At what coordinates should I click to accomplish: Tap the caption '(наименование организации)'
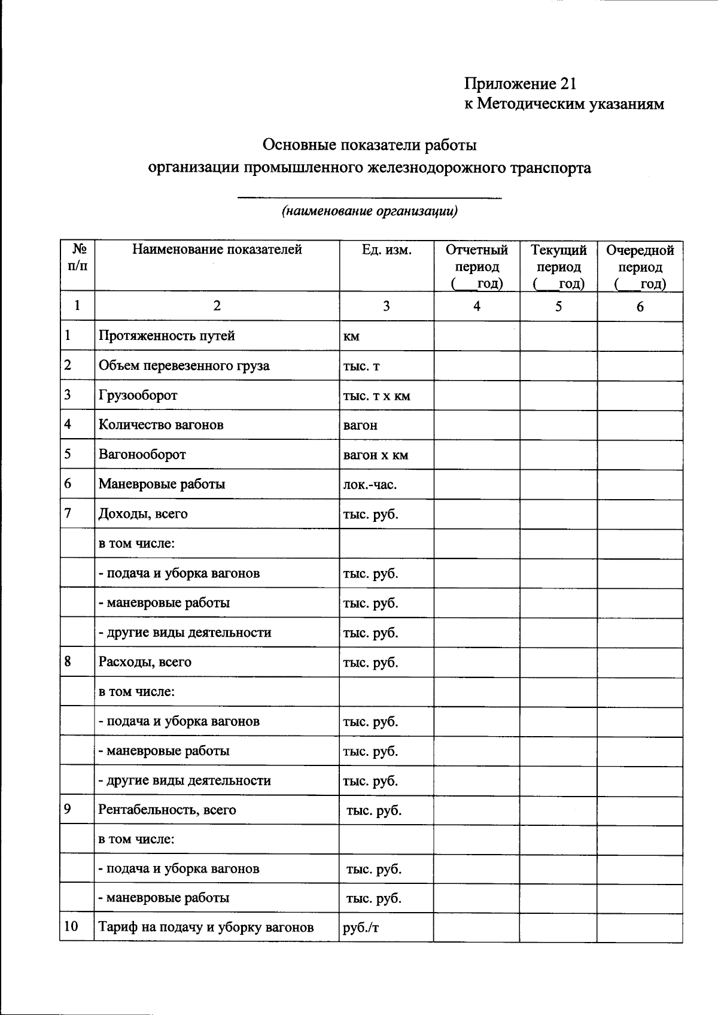[x=370, y=211]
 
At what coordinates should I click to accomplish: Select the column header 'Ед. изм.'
[x=387, y=250]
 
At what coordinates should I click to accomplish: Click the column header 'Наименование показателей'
[x=217, y=250]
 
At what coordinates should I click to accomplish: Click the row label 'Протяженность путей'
[x=166, y=336]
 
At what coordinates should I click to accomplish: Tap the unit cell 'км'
[x=351, y=336]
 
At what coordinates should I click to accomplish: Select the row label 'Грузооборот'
[x=138, y=395]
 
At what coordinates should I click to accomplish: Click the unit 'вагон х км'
[x=375, y=455]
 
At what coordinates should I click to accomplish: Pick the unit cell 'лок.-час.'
[x=370, y=484]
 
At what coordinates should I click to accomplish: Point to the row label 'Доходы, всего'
[x=143, y=513]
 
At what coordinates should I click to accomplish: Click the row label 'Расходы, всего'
[x=145, y=662]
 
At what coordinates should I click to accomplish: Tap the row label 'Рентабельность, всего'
[x=167, y=810]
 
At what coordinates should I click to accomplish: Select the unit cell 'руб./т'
[x=361, y=928]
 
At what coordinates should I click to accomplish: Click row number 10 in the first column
[x=71, y=926]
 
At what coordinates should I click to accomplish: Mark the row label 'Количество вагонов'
[x=161, y=425]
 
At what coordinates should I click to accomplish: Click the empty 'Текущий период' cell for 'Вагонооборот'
[x=558, y=455]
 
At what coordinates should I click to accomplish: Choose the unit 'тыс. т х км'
[x=376, y=396]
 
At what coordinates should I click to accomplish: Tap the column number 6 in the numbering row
[x=640, y=306]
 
